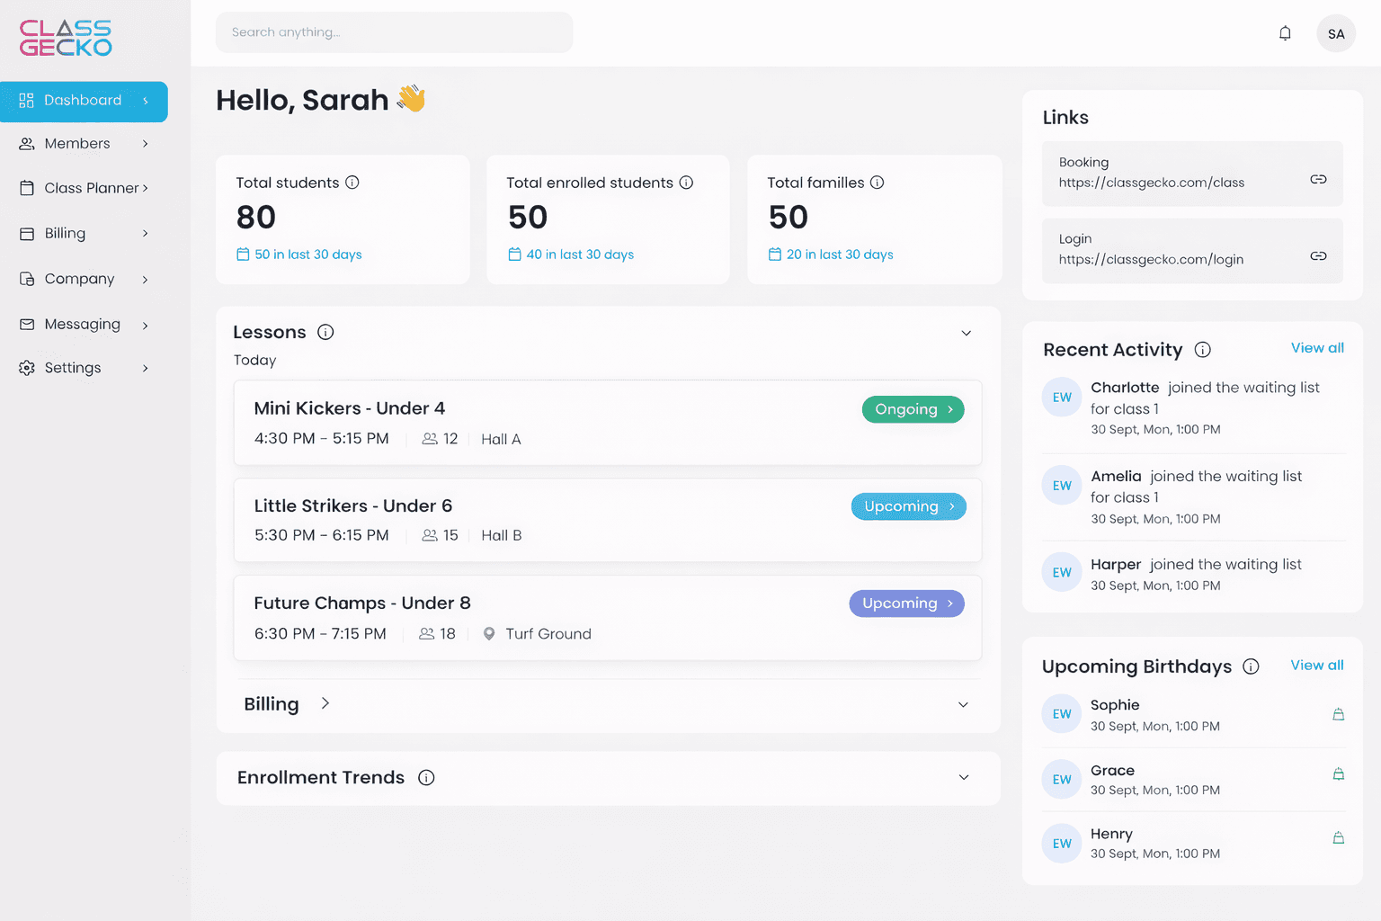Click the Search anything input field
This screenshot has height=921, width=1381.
[x=393, y=32]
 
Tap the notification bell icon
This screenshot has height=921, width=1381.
[x=1285, y=33]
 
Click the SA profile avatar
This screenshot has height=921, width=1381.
[x=1335, y=34]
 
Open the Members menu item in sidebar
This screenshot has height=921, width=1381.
[x=77, y=144]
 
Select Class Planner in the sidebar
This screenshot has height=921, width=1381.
[x=91, y=188]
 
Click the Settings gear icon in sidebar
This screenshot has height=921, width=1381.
[x=27, y=368]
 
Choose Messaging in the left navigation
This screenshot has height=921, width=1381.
[x=82, y=325]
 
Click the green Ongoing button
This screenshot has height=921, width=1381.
[x=913, y=409]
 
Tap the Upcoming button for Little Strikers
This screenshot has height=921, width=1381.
[x=908, y=506]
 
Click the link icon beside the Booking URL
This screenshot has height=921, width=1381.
[x=1318, y=179]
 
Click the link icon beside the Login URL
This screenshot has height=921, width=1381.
[x=1318, y=256]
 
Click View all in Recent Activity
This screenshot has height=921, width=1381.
[x=1317, y=348]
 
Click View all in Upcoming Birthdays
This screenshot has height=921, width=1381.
[x=1316, y=666]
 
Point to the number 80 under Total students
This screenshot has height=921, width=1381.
[x=256, y=218]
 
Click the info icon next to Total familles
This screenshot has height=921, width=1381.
[x=877, y=183]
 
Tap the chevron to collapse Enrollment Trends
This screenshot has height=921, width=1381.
[x=964, y=778]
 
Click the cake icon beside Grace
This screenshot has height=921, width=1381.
[x=1338, y=774]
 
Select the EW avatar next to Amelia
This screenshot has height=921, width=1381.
[x=1062, y=486]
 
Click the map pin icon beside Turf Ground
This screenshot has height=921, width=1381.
[x=489, y=634]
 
